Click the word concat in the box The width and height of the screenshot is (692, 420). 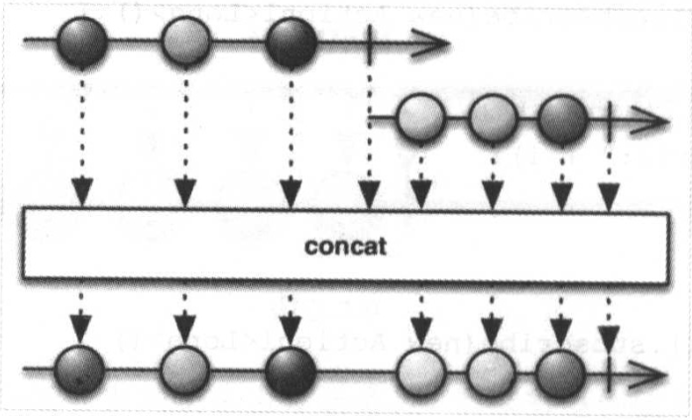point(347,245)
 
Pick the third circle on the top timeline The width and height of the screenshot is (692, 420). point(290,42)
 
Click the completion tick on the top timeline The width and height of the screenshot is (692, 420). point(368,43)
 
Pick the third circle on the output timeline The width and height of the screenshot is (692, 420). point(290,371)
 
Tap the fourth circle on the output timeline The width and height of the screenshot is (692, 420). point(420,372)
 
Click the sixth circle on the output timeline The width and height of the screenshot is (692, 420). point(560,372)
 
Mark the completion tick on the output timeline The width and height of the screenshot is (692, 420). point(605,373)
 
